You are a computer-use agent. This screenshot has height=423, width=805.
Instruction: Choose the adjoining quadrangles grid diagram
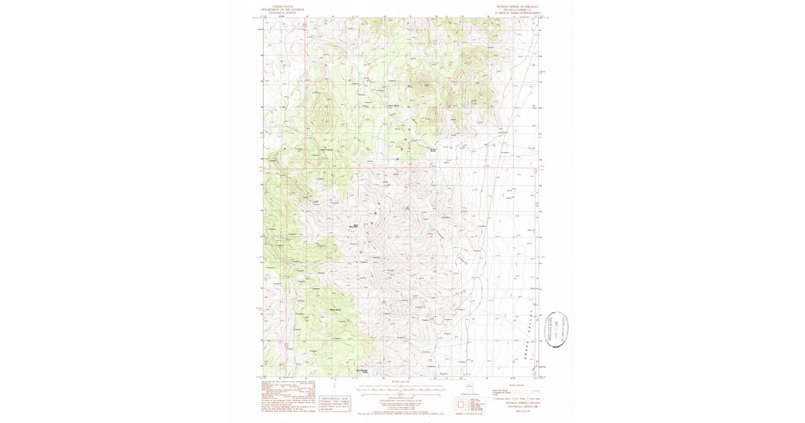point(460,404)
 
